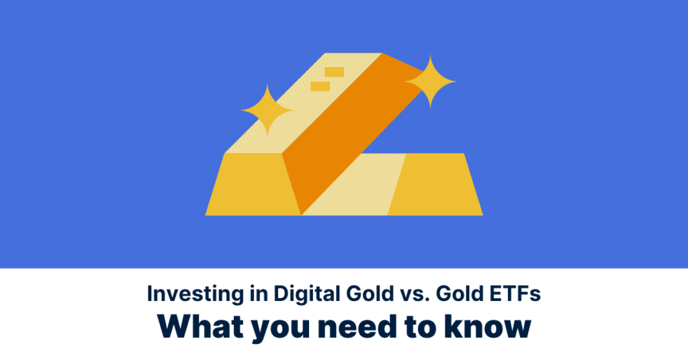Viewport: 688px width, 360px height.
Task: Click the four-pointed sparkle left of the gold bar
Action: [x=267, y=110]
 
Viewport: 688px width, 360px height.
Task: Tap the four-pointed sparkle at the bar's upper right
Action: [x=430, y=82]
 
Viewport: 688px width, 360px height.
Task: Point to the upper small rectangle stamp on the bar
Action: [x=334, y=72]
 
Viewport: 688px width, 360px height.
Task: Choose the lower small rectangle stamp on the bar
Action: [x=320, y=87]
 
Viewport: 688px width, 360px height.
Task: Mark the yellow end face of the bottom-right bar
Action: [x=433, y=185]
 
